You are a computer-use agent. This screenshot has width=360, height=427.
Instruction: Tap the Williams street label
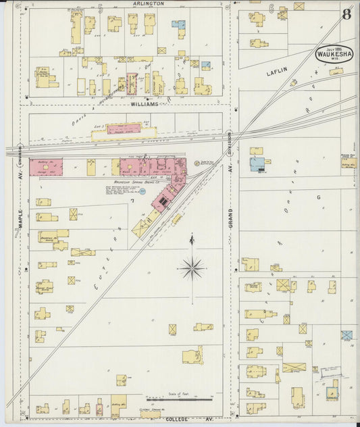coord(145,105)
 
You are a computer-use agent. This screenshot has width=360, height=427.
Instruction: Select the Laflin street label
coord(277,71)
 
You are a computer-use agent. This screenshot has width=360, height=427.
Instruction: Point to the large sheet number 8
coord(346,14)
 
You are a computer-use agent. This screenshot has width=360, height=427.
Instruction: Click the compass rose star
coord(192,268)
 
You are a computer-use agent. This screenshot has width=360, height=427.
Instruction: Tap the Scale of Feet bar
coord(179,399)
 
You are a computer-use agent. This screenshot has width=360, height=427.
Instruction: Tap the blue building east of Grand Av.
coord(257,164)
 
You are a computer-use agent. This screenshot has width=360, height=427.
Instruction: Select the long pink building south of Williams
coord(124,128)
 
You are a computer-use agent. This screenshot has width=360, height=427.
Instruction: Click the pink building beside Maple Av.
coord(45,167)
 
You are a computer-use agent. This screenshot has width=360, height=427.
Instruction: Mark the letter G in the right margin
coord(317,198)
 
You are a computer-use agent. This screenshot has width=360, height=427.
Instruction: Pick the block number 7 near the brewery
coord(132,201)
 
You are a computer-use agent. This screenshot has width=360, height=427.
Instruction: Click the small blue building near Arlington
coord(178,24)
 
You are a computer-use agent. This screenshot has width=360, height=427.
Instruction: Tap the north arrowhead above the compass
coord(192,238)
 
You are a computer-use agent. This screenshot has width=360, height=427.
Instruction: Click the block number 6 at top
coord(271,7)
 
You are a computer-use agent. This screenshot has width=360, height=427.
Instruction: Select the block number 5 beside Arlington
coord(100,7)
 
